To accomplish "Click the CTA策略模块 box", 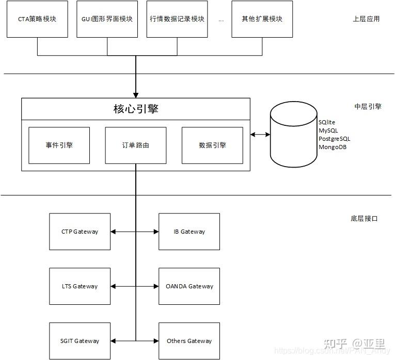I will [37, 19].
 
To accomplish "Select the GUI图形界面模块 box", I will [107, 19].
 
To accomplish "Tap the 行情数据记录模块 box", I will [177, 19].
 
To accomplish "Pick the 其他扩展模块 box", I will [262, 19].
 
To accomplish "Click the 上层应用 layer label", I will [366, 19].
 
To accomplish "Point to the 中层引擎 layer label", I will [368, 107].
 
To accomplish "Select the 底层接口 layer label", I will [364, 219].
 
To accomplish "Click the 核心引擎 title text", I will [135, 109].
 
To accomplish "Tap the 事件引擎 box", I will [59, 145].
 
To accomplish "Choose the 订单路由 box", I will [135, 145].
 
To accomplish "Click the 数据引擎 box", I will [212, 145].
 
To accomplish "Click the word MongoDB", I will [332, 147].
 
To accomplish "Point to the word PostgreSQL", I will [334, 139].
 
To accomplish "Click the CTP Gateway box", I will [80, 232].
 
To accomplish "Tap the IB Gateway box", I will [189, 232].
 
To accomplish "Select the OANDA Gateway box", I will [189, 286].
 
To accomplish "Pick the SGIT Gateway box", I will [80, 341].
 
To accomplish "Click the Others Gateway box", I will [189, 341].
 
